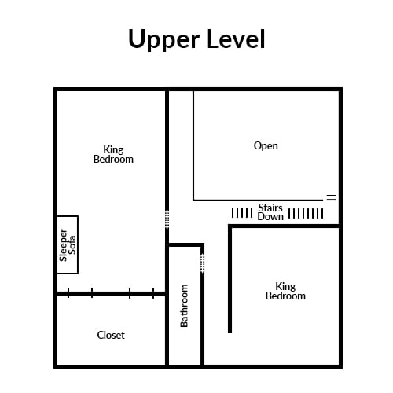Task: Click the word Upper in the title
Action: (163, 39)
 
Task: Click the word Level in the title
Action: (236, 39)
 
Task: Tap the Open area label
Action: (266, 146)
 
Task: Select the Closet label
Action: (111, 335)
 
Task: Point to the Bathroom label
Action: (184, 306)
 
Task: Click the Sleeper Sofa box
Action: (68, 244)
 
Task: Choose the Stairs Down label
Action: (270, 212)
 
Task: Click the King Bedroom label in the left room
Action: (113, 155)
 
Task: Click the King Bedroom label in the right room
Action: (285, 291)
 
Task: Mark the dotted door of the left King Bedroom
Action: (167, 219)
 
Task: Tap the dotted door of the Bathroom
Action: (203, 263)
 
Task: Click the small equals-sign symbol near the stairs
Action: (331, 197)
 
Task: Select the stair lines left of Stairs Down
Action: (242, 213)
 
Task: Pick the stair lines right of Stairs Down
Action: (306, 213)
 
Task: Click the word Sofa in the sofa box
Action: (72, 245)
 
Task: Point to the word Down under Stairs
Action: (270, 217)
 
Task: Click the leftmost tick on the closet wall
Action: (68, 293)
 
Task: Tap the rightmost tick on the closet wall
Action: (153, 293)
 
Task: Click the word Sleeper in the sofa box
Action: (64, 245)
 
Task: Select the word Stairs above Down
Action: (270, 208)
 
